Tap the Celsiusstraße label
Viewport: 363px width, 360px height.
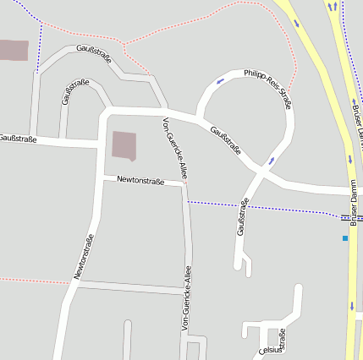272,346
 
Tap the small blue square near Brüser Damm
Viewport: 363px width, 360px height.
345,238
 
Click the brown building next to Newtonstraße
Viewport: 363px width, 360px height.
124,145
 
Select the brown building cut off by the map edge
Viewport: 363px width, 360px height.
14,50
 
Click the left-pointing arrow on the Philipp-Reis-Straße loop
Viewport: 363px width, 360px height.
220,81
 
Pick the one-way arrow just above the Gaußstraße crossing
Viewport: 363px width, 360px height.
272,159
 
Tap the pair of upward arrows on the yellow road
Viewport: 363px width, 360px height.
333,7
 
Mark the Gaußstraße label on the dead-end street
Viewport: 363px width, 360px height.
243,216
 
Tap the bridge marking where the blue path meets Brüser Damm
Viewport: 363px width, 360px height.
346,217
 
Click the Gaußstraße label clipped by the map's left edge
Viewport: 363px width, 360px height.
18,138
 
